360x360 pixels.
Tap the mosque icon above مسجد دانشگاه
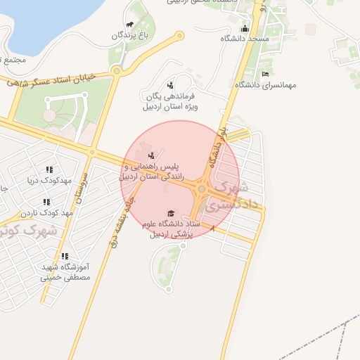point(245,28)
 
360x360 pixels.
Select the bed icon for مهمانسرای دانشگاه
point(265,74)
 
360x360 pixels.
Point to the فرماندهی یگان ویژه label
point(170,102)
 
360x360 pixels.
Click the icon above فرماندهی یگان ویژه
point(169,84)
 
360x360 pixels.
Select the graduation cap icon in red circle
point(170,213)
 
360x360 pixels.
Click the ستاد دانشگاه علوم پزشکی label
point(172,229)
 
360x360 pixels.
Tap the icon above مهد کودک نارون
point(46,201)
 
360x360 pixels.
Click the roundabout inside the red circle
point(202,188)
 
